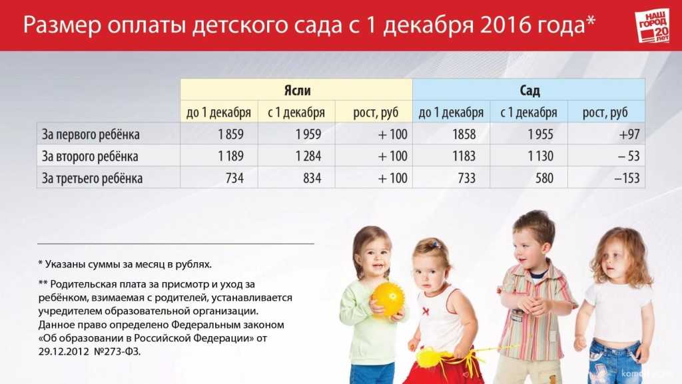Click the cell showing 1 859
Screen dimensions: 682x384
[x=218, y=134]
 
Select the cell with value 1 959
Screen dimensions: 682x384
[x=296, y=134]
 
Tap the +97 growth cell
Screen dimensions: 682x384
[x=606, y=134]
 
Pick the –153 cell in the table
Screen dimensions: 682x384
[x=606, y=178]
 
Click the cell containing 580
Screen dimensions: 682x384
[x=529, y=178]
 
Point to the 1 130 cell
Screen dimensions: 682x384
[x=529, y=156]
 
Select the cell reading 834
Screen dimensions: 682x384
[x=296, y=178]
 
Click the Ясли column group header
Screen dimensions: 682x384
[x=296, y=89]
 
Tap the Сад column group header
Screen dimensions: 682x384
[x=529, y=89]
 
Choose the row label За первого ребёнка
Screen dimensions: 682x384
[x=91, y=134]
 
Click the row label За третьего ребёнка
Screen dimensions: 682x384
[x=92, y=178]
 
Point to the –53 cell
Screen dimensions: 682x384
[x=606, y=156]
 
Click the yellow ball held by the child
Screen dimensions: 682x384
[x=388, y=299]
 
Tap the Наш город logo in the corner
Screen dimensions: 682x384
[x=653, y=25]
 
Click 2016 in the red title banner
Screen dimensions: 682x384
[x=506, y=25]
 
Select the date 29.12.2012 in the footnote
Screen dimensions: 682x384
[x=63, y=351]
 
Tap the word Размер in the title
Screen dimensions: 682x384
[x=62, y=25]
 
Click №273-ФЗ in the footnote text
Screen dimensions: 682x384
[x=117, y=351]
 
